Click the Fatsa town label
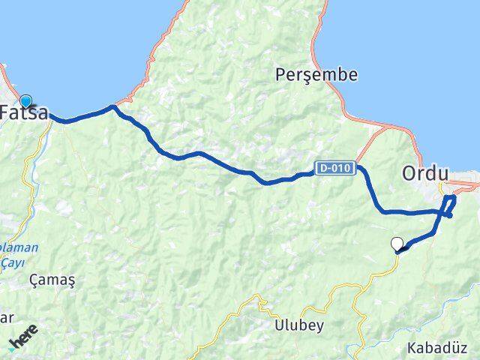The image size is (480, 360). click(x=25, y=114)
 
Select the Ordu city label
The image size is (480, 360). click(x=424, y=173)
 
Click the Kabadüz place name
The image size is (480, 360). click(x=436, y=348)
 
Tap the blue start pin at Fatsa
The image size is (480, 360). click(x=26, y=100)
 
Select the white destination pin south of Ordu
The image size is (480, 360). click(x=397, y=243)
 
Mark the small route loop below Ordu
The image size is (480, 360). click(x=449, y=205)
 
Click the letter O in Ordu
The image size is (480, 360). click(x=409, y=173)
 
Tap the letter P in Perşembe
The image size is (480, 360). click(x=280, y=75)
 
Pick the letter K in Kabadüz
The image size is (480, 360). click(x=411, y=348)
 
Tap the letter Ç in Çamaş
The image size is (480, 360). click(x=34, y=280)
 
